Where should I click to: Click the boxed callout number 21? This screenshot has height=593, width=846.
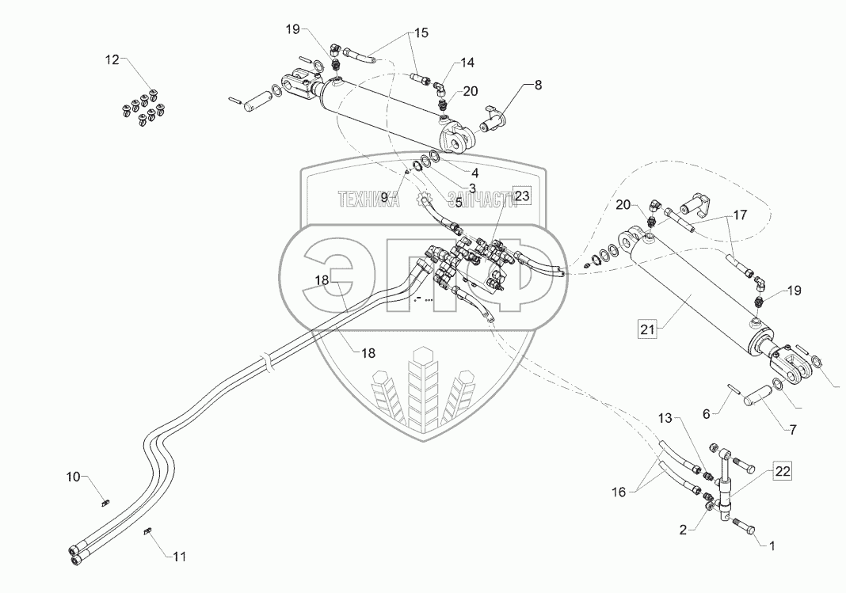(647, 329)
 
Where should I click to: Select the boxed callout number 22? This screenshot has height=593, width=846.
(783, 472)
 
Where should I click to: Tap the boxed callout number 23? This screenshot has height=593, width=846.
(522, 196)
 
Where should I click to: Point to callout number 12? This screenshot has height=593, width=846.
(112, 60)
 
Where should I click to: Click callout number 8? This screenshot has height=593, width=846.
(538, 86)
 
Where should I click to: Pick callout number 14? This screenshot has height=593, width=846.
(468, 63)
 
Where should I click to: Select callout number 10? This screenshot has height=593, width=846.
(74, 477)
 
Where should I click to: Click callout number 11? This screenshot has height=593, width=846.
(180, 557)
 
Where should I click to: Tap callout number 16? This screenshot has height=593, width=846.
(619, 492)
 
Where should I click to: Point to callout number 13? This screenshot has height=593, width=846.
(666, 418)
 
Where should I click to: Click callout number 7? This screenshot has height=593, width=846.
(793, 430)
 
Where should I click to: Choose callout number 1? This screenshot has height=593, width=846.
(772, 546)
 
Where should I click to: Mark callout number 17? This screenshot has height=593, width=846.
(740, 215)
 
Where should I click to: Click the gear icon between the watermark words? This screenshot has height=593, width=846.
(424, 200)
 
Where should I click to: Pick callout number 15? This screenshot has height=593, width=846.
(421, 33)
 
